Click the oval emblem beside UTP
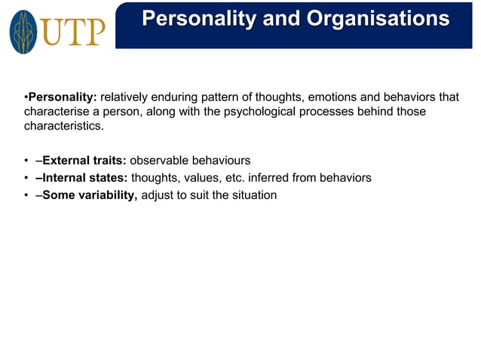click(x=23, y=31)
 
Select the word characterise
click(x=55, y=111)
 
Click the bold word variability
click(x=106, y=195)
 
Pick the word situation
click(x=253, y=195)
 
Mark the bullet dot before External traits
click(x=26, y=160)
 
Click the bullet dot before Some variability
click(x=26, y=195)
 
